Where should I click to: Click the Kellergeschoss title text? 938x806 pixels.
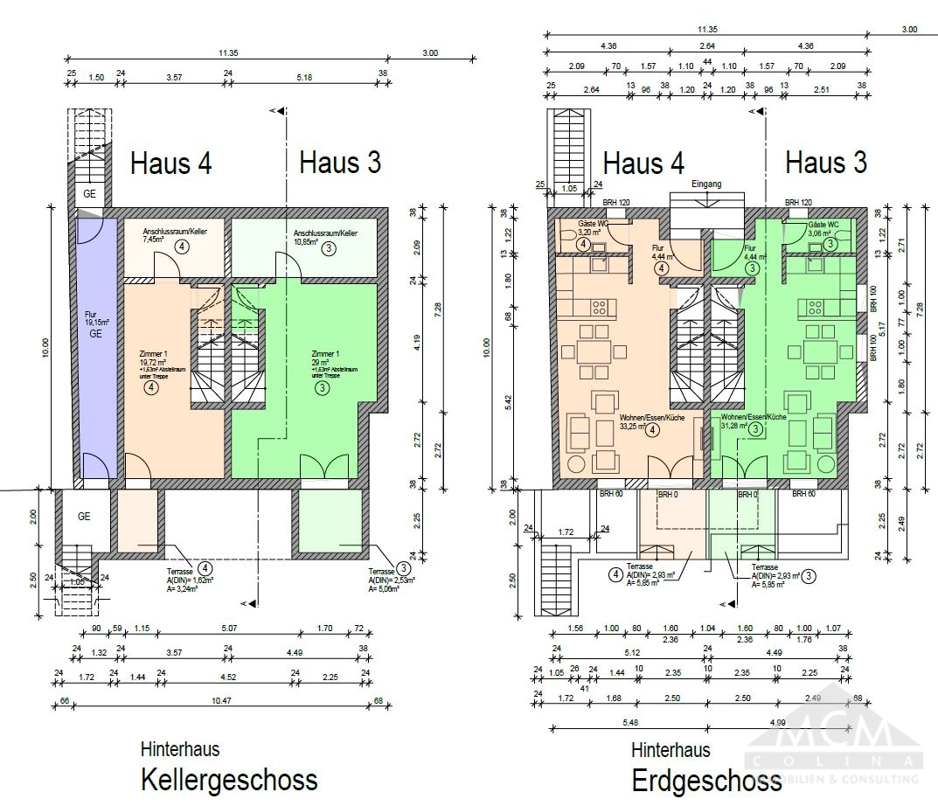[229, 779]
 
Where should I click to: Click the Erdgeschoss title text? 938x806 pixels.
[706, 779]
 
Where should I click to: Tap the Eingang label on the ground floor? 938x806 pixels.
[705, 184]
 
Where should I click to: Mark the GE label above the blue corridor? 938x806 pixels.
[90, 193]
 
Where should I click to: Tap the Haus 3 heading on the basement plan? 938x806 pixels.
[340, 163]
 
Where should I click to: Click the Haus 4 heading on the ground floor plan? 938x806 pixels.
[643, 163]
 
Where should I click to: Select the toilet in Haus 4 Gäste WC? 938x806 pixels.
[566, 233]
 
